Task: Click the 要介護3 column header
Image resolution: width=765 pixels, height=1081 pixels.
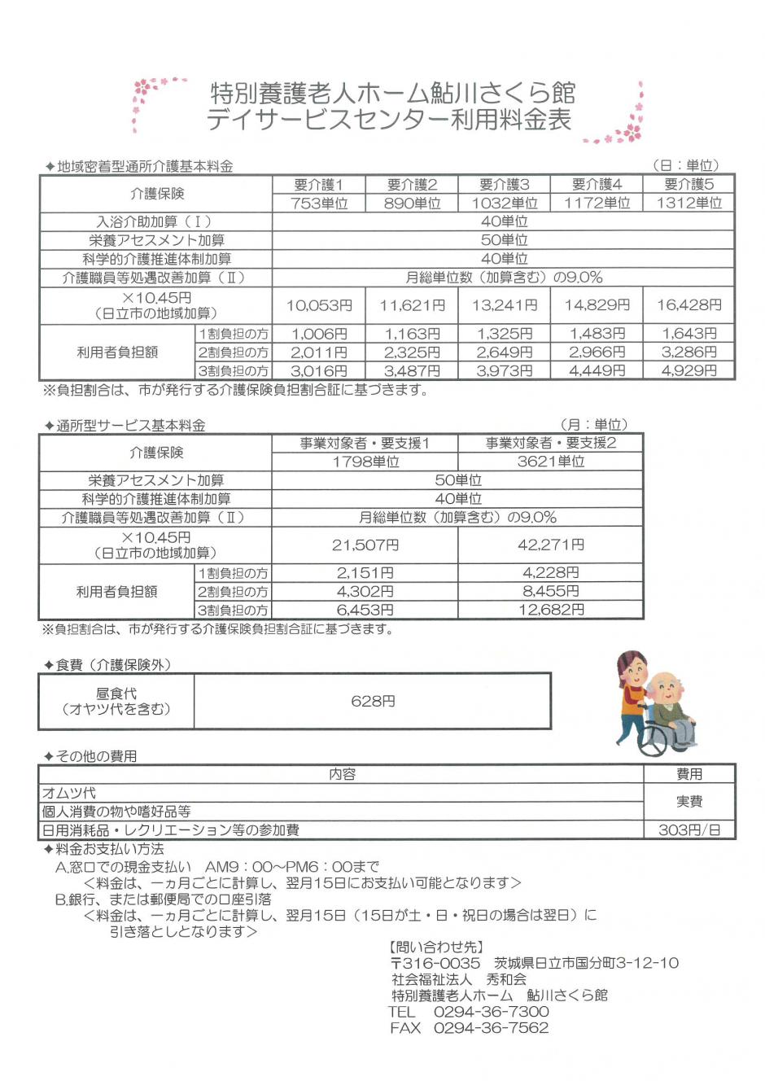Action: [504, 185]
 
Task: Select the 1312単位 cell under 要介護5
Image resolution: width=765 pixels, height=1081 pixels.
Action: [688, 204]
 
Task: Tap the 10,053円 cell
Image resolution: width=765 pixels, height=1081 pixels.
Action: [319, 306]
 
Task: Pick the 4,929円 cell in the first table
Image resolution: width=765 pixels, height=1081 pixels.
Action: [688, 371]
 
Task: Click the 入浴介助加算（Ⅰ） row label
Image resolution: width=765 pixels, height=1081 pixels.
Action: [155, 221]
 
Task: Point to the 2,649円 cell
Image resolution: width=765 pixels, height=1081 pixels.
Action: [504, 352]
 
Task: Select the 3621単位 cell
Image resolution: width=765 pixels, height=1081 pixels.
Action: [550, 462]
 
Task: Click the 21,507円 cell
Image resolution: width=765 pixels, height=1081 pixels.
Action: [365, 545]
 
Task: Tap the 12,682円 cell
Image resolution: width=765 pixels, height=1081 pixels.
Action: [550, 610]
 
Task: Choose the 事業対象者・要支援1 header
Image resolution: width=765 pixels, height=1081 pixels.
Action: [365, 444]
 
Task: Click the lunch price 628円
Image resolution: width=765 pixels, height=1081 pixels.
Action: [373, 701]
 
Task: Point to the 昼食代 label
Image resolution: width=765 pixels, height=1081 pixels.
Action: [116, 694]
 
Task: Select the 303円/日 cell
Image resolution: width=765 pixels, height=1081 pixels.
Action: [688, 830]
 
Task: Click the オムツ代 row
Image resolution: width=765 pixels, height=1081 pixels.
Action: [69, 793]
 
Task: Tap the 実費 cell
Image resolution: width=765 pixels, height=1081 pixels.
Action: [688, 802]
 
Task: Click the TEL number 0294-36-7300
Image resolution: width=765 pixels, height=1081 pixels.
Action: [492, 1012]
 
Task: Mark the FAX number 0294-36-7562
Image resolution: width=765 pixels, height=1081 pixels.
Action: [492, 1028]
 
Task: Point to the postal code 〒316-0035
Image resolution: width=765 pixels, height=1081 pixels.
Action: [435, 963]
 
